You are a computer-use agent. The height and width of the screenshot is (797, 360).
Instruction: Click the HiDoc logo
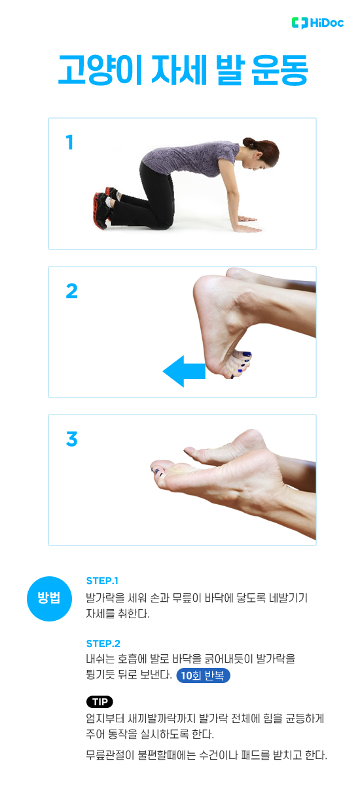click(x=317, y=23)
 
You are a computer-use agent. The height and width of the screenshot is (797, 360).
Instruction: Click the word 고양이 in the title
click(x=100, y=70)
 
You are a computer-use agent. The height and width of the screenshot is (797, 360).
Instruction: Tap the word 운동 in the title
click(x=279, y=70)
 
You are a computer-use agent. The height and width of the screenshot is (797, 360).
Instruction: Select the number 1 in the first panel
click(x=70, y=142)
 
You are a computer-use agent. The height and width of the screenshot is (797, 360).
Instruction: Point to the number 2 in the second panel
click(x=71, y=291)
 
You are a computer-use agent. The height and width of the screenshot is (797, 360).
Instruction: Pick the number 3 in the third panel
click(x=71, y=439)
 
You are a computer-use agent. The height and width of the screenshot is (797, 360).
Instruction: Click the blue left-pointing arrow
click(x=184, y=371)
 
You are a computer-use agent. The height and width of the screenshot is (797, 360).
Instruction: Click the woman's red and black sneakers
click(x=104, y=207)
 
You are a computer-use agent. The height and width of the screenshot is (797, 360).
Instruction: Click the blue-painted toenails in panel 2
click(x=242, y=363)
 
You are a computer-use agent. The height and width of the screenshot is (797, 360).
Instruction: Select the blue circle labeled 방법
click(x=50, y=599)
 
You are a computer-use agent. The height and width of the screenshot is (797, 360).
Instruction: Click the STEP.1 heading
click(x=102, y=581)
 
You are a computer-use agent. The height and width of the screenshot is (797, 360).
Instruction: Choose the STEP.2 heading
click(x=103, y=644)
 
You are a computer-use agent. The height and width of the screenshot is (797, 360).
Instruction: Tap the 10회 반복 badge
click(x=203, y=676)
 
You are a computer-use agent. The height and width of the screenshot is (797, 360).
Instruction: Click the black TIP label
click(x=99, y=702)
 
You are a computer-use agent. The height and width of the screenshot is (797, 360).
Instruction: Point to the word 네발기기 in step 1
click(x=288, y=598)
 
